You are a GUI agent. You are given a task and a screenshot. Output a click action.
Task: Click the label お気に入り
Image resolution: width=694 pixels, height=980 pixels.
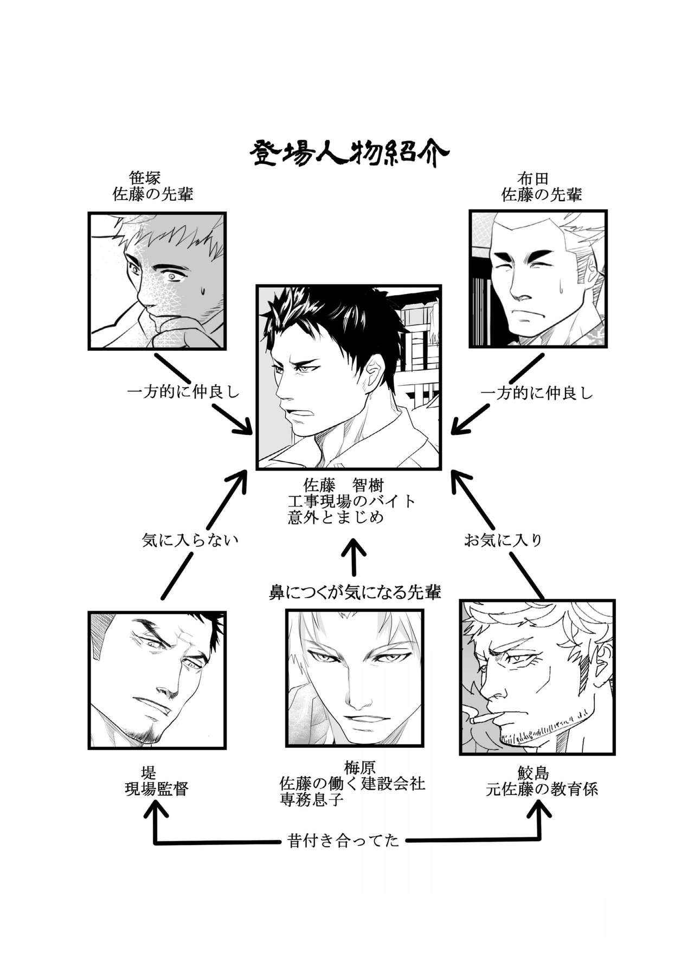click(503, 540)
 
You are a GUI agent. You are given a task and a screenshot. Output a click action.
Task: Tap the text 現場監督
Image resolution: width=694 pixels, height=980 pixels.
click(157, 789)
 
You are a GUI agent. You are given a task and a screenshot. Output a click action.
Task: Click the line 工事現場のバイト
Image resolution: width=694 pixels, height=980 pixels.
click(351, 501)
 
